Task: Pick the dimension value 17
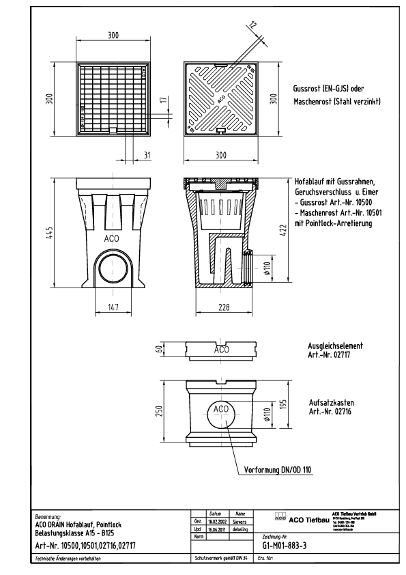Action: tap(162, 100)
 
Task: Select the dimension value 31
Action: tap(146, 155)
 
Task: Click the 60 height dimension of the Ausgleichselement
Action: tap(159, 350)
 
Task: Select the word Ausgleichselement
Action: tap(330, 346)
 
